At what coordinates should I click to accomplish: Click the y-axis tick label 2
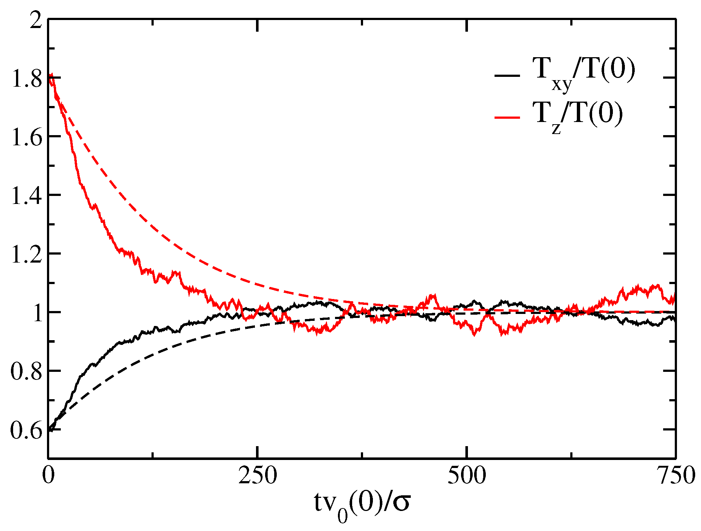[36, 20]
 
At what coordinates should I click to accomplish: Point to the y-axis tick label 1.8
[27, 79]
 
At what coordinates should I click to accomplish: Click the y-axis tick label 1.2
[27, 255]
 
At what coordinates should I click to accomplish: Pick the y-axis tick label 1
[38, 314]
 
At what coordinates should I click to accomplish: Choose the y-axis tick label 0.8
[27, 372]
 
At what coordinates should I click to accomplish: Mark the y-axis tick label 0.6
[27, 431]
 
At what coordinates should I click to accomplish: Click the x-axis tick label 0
[48, 476]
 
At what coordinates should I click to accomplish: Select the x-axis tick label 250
[257, 476]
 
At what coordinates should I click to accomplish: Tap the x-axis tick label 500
[466, 476]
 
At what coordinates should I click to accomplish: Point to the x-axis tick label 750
[676, 476]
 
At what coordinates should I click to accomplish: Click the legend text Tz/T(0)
[578, 116]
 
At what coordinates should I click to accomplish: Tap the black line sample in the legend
[507, 76]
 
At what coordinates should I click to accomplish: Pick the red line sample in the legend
[507, 117]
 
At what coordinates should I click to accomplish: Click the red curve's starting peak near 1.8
[52, 76]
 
